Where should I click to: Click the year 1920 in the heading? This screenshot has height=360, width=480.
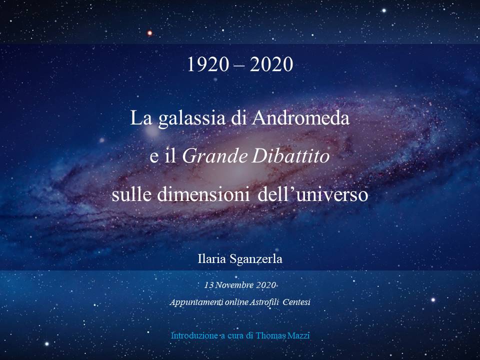pos(208,64)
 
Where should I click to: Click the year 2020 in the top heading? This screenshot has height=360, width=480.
pos(271,64)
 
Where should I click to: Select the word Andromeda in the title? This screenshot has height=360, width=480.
pos(300,118)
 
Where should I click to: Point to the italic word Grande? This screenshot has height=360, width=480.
pos(214,156)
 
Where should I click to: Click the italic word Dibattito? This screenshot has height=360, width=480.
pos(291,156)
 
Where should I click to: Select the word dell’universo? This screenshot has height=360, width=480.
pos(312,194)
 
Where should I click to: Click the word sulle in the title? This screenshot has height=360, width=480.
pos(131,194)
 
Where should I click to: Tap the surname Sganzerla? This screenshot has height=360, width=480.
pos(255,259)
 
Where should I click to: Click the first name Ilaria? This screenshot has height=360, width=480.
pos(212,259)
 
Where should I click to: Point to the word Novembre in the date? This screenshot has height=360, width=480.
pos(234,285)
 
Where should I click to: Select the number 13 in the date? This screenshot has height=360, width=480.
pos(209,285)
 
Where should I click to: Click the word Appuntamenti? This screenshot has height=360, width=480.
pos(196,302)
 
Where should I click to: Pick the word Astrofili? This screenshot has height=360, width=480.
pos(264,302)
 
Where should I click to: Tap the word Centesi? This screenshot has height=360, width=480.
pos(296,302)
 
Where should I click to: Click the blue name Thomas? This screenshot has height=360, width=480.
pos(271,335)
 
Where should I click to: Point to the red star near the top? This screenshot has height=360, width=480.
pos(149,33)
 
